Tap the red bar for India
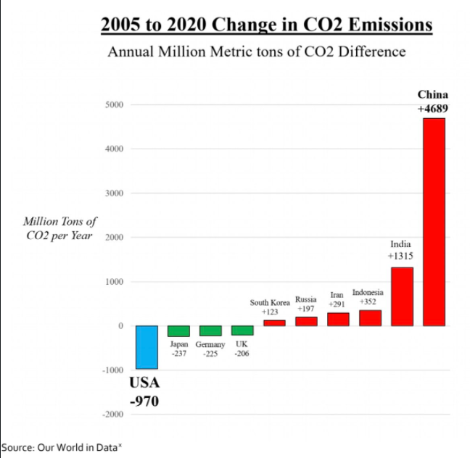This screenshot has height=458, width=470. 402,296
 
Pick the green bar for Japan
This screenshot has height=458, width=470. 178,330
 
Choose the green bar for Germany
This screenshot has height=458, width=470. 210,330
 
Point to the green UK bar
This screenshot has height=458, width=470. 242,330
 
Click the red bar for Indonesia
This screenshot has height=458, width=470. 370,318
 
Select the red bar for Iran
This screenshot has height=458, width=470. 338,319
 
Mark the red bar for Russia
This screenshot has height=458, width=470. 306,321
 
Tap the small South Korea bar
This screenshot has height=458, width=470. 274,322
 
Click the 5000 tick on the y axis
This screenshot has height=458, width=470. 114,105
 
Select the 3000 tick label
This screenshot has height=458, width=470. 114,193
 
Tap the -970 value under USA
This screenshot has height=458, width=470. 144,401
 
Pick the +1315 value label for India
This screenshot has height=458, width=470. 401,257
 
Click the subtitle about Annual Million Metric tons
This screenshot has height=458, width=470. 256,53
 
